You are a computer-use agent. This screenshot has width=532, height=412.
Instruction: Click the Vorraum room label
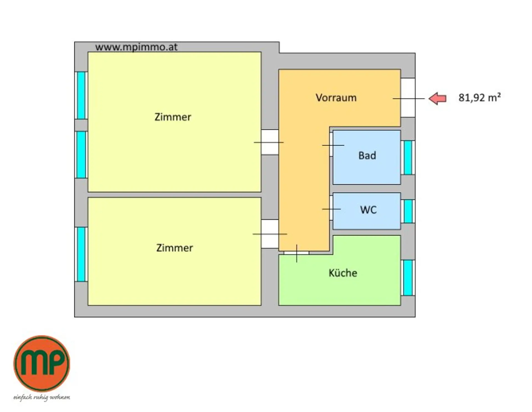pos(336,98)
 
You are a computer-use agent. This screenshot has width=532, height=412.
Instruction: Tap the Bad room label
pos(367,155)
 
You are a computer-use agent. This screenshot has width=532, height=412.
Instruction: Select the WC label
pos(368,210)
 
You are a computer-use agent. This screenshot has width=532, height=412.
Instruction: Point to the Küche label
pos(343,273)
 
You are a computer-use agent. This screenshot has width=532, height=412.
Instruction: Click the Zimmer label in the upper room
pos(173,117)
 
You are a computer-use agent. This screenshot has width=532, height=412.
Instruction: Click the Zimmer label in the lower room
pos(174,248)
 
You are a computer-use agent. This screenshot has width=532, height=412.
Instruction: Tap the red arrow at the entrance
pos(438,98)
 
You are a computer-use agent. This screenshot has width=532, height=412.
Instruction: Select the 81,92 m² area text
pos(479,98)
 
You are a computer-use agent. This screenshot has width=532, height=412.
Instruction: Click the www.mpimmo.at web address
pos(136,47)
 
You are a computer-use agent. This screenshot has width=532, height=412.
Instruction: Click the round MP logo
pos(42,363)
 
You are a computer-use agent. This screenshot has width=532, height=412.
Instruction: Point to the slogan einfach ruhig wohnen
pos(42,397)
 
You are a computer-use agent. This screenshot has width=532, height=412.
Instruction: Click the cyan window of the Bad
pos(408,158)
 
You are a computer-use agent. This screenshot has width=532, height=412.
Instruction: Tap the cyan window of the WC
pos(408,211)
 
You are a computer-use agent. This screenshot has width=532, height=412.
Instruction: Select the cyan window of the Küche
pos(408,278)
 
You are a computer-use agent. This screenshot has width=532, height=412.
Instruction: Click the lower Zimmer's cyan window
pos(81,254)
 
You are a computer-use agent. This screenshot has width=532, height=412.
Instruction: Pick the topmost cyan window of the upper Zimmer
pos(81,95)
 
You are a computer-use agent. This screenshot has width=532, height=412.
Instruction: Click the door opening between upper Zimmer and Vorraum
pos(270,142)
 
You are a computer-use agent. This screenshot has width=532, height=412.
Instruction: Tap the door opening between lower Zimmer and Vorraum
pos(270,234)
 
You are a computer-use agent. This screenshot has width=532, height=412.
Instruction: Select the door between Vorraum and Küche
pos(296,253)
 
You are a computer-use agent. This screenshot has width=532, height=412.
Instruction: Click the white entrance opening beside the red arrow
pos(408,98)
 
